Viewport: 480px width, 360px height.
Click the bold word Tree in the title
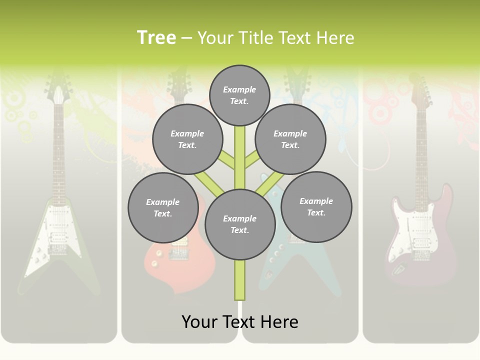point(156,38)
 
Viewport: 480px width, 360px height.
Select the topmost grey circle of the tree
point(239,95)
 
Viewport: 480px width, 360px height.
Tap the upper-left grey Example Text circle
point(187,139)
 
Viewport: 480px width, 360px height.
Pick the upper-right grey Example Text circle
point(290,139)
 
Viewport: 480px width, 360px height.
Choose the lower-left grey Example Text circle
point(162,207)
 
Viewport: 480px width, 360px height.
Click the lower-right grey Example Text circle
point(316,206)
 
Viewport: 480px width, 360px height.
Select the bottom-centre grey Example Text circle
point(240,224)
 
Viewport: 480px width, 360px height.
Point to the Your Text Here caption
point(240,321)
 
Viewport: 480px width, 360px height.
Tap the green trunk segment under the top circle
point(240,150)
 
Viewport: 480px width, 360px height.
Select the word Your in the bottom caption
point(199,321)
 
